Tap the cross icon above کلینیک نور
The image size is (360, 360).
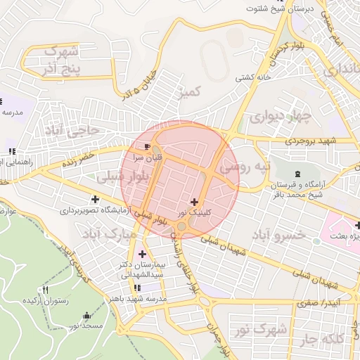(x=194, y=202)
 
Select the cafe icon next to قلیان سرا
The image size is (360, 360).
(x=146, y=146)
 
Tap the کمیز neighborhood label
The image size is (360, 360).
(x=190, y=92)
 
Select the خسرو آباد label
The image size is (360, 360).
(x=283, y=234)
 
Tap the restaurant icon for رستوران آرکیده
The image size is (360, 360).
(x=46, y=290)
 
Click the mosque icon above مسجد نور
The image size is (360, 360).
(x=86, y=316)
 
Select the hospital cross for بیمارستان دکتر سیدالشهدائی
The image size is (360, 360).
(x=143, y=254)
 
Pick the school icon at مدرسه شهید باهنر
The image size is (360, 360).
(x=137, y=288)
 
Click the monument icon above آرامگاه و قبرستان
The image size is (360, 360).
(x=295, y=173)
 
